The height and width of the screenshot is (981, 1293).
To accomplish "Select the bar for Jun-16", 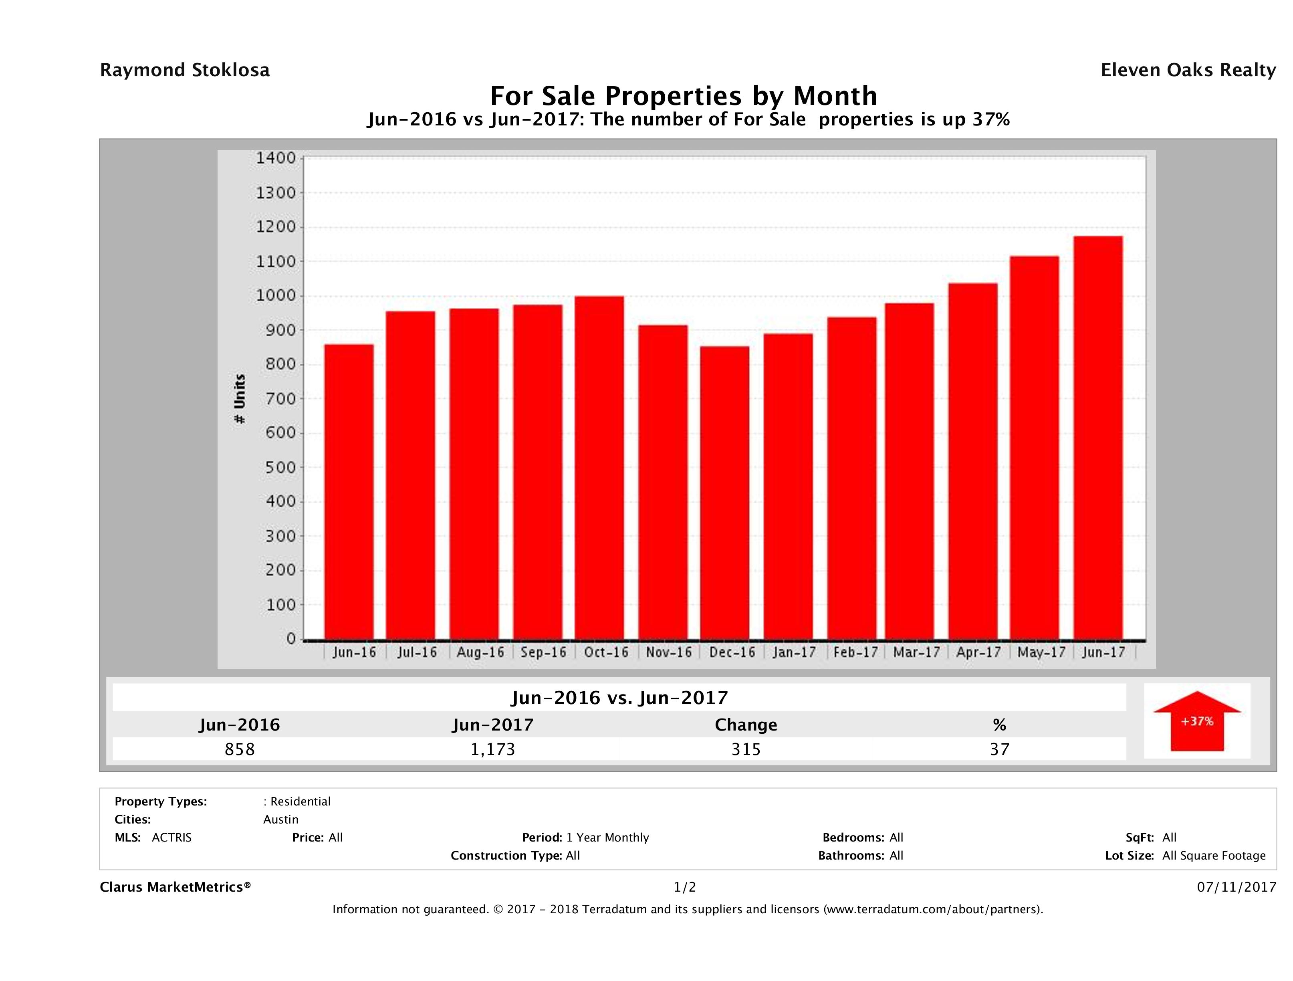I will pos(349,492).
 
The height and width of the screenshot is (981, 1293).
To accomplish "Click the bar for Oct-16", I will pos(599,468).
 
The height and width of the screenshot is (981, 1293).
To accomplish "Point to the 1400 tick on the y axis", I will pos(278,158).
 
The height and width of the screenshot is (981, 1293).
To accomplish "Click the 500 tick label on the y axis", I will pos(278,467).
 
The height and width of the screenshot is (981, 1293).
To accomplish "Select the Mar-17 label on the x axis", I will pos(916,652).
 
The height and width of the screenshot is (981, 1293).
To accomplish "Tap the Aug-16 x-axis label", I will pos(480,652).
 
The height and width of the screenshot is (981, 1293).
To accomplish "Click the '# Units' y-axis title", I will pos(240,399).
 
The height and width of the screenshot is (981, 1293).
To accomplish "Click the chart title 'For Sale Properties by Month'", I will pos(683,95).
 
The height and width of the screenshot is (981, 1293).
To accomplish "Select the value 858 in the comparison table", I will pos(240,749).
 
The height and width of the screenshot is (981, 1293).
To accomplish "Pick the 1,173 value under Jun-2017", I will pos(493,749).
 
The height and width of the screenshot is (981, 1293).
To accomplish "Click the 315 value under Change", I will pos(746,749).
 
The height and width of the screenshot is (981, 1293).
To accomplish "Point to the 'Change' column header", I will pos(746,725).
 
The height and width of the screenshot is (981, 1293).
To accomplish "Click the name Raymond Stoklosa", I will pos(185,70).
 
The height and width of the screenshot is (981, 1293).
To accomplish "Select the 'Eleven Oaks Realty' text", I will pos(1188,70).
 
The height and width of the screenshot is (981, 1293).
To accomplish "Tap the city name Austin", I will pos(280,820).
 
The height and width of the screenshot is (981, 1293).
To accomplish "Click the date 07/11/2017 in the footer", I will pos(1236,888).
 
